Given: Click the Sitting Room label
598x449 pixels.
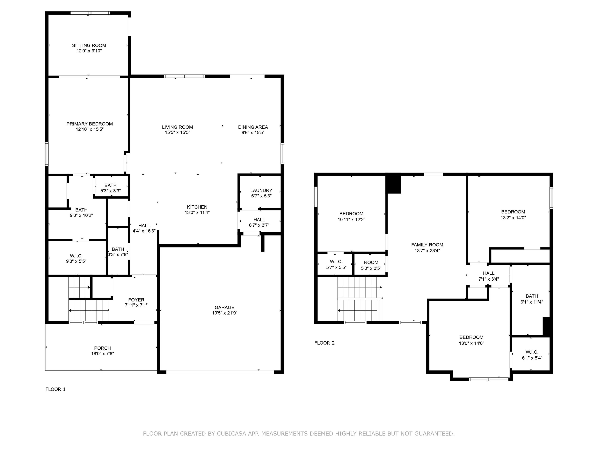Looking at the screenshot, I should coord(89,45).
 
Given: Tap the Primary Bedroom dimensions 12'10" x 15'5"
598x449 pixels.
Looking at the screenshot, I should coord(90,129).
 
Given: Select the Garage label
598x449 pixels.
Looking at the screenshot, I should coord(224,308).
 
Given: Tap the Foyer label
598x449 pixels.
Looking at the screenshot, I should coord(136,300).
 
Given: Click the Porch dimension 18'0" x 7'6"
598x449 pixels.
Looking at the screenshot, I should coord(102,354).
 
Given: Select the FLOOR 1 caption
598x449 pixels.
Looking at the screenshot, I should coord(55,389).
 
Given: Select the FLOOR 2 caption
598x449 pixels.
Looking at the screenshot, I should coord(325,343).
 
